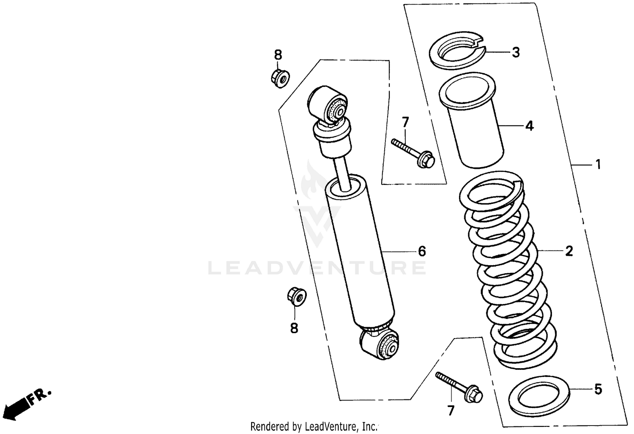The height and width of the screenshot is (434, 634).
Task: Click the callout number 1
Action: (x=598, y=164)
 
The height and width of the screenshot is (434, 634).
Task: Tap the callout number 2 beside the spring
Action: (x=569, y=251)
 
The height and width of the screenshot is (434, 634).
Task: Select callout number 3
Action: (x=516, y=53)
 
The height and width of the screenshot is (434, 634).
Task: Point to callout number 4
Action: (x=529, y=126)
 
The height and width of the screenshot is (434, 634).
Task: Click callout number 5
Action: (x=598, y=389)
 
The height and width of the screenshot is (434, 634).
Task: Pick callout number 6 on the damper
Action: (x=421, y=252)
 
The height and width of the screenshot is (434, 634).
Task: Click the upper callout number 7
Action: (x=405, y=122)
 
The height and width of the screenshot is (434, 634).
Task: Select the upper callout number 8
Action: (x=278, y=55)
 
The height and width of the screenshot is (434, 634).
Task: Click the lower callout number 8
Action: (x=294, y=328)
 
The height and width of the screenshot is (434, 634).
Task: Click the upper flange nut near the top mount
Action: (x=279, y=78)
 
